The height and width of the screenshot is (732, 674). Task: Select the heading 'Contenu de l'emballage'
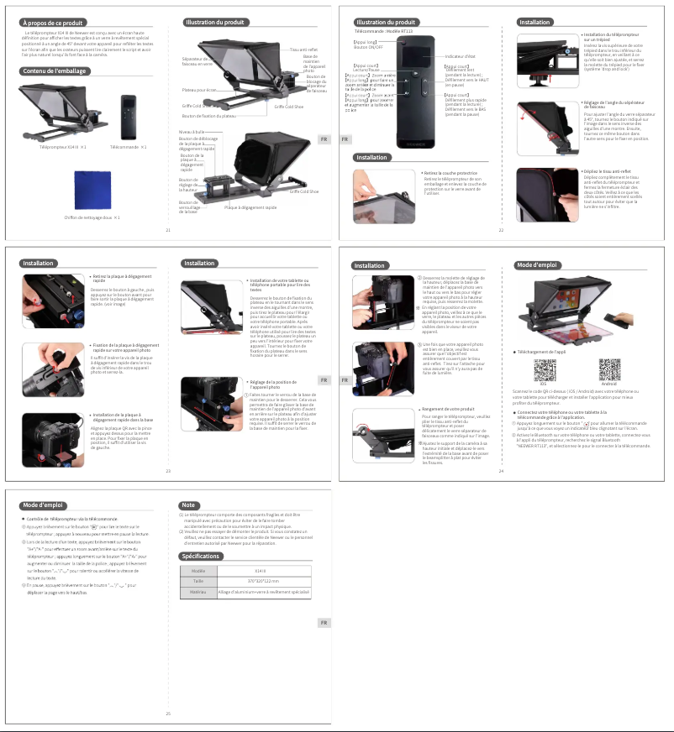[55, 71]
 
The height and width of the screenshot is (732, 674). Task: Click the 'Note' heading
[189, 505]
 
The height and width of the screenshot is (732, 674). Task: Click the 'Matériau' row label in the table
[198, 592]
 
